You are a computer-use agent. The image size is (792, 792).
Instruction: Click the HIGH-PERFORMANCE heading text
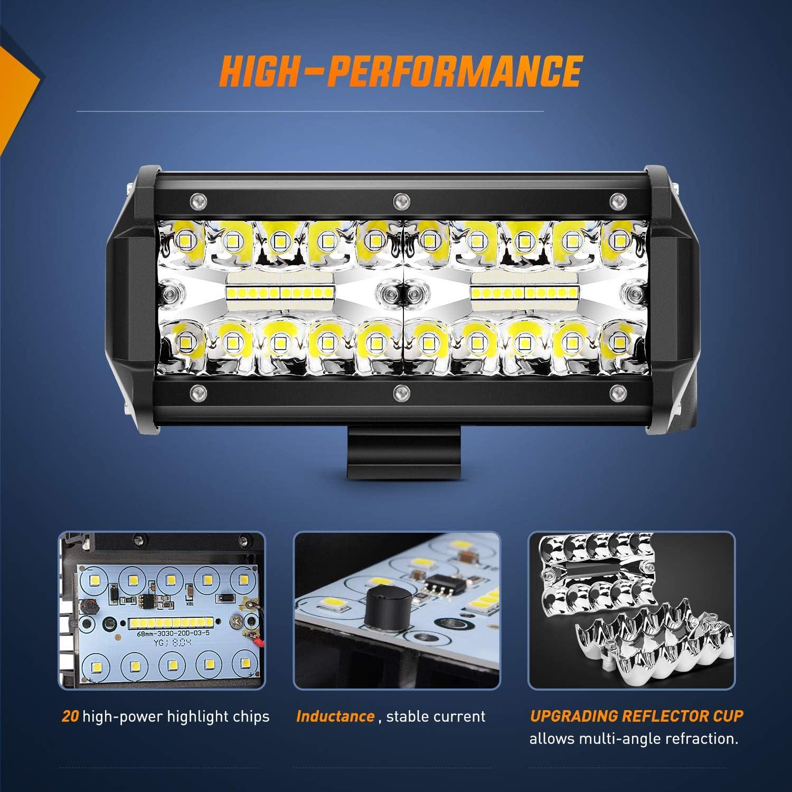tap(400, 69)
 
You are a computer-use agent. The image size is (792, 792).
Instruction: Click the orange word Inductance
tap(335, 716)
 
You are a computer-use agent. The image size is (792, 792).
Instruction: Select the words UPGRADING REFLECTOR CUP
tap(636, 716)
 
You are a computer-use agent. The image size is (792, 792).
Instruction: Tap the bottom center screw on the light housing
tap(400, 392)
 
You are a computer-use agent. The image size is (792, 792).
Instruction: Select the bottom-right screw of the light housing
tap(616, 392)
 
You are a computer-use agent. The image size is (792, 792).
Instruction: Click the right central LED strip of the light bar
tap(524, 292)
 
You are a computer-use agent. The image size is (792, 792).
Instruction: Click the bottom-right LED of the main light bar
tap(616, 343)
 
